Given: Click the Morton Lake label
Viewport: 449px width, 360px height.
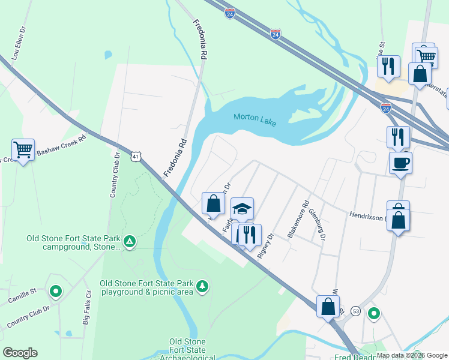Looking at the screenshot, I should click(x=255, y=118).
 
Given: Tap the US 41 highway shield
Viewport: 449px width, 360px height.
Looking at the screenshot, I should click(x=136, y=157).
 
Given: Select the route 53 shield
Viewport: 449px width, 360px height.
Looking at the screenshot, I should click(x=355, y=311).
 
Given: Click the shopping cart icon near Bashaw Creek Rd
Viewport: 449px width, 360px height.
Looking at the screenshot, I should click(x=23, y=149).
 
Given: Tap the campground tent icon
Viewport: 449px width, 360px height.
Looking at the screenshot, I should click(x=130, y=242).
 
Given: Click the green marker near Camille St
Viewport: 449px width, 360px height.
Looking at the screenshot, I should click(x=56, y=292).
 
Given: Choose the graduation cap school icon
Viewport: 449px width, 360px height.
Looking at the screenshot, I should click(x=242, y=208).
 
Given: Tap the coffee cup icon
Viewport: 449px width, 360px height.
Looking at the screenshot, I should click(x=400, y=162).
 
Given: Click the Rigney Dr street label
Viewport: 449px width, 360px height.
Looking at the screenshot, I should click(x=265, y=245).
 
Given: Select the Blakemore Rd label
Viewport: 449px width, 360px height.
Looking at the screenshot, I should click(x=298, y=218).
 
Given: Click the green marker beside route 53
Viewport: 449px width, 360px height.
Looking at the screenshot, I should click(x=373, y=314).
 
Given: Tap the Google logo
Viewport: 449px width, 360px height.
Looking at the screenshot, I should click(x=20, y=353).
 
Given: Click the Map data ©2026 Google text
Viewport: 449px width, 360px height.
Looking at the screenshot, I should click(x=412, y=355).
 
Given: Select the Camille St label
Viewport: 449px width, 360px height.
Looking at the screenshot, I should click(x=22, y=291).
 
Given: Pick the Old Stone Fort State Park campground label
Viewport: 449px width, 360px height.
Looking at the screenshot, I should click(x=74, y=242).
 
